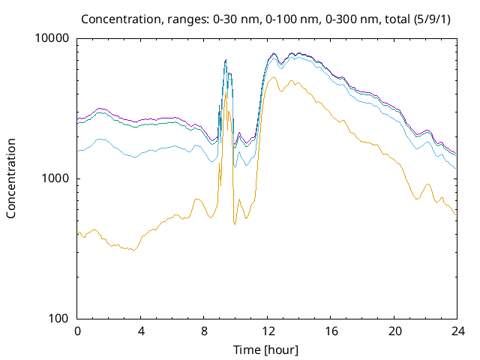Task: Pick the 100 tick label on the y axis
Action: [59, 319]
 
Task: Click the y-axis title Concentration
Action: [11, 178]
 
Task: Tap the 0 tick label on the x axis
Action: [77, 331]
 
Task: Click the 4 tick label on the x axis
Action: [140, 331]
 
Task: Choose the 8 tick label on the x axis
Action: [204, 331]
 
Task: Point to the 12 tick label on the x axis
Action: [267, 331]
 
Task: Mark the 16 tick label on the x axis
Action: [330, 331]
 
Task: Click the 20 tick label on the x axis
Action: [394, 331]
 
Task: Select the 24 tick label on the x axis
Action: [457, 331]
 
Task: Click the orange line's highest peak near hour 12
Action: [273, 77]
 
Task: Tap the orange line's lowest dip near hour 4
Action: [134, 250]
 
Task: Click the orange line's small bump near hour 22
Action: [427, 184]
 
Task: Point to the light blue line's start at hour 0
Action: [78, 152]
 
